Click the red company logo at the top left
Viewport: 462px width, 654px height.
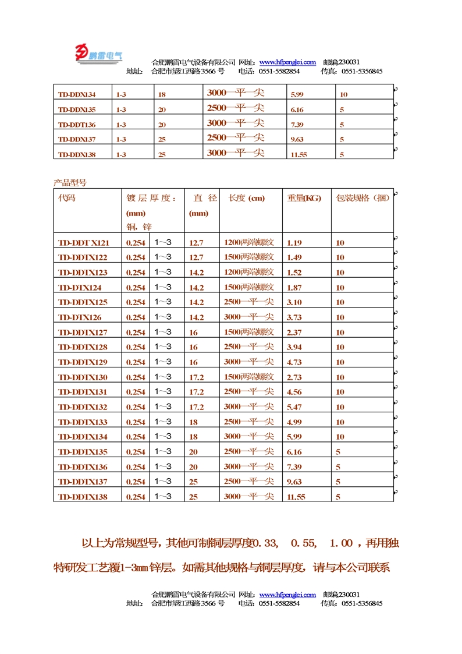(x=98, y=54)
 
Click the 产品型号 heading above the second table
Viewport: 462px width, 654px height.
(x=70, y=182)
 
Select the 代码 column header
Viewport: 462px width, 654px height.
(x=67, y=198)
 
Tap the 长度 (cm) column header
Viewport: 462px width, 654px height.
(x=247, y=198)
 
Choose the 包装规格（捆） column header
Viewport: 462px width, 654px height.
(x=362, y=198)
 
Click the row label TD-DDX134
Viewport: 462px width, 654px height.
(x=77, y=94)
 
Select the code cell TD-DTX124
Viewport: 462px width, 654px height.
(x=80, y=288)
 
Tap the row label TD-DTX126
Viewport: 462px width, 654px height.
(x=80, y=317)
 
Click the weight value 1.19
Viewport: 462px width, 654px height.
(x=294, y=243)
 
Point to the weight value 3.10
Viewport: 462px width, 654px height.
(x=294, y=302)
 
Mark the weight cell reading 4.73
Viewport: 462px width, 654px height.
(x=294, y=362)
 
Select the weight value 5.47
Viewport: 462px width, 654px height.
(x=294, y=407)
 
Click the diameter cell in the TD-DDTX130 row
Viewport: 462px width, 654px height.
(x=197, y=377)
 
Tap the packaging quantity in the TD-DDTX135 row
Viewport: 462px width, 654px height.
(x=338, y=452)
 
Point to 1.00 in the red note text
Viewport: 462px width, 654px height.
(x=341, y=544)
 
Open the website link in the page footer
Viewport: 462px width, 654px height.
(x=287, y=595)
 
